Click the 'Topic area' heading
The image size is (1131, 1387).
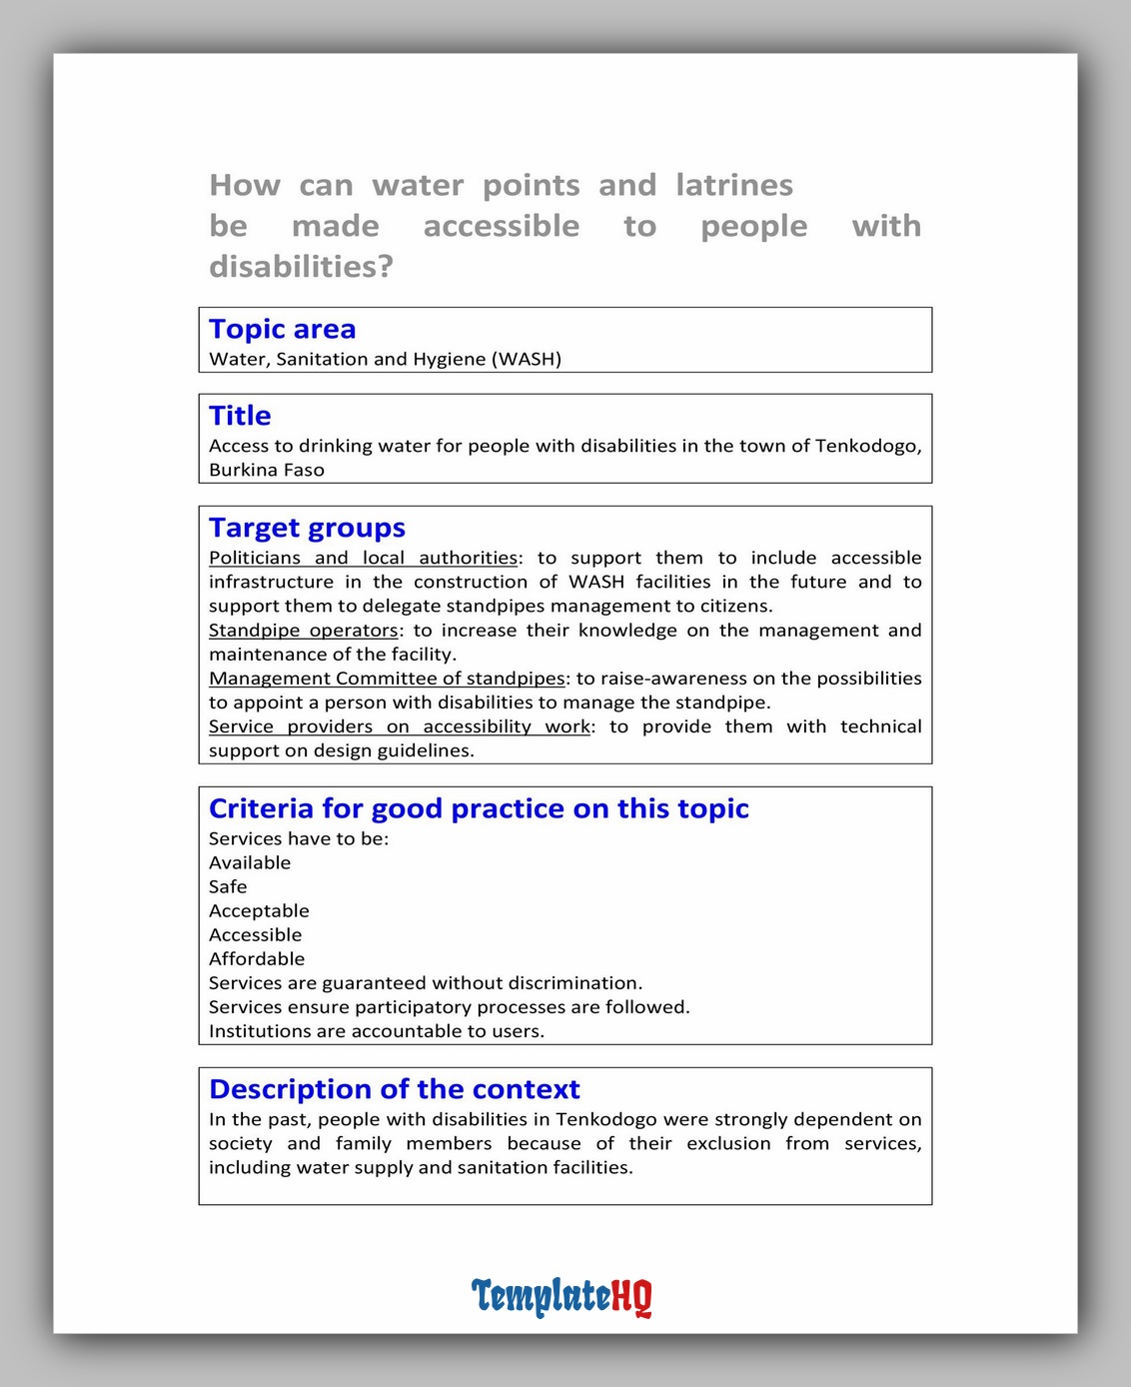282,330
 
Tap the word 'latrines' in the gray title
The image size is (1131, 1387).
734,186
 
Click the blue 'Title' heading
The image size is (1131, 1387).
240,416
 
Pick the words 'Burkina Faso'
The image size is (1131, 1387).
267,471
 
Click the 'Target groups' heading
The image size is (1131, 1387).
307,528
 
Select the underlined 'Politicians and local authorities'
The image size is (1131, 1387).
363,559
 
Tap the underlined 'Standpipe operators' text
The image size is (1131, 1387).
303,631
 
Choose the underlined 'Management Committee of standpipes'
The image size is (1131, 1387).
387,679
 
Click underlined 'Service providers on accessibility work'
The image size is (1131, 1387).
399,726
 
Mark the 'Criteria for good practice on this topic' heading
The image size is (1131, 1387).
479,808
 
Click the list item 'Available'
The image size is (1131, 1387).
250,863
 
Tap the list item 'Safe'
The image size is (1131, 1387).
228,887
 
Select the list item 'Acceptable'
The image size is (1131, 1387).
259,911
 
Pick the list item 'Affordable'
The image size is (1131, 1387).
257,959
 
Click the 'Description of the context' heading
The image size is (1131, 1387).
394,1089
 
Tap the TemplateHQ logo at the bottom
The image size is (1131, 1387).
562,1297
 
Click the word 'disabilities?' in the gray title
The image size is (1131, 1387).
301,267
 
